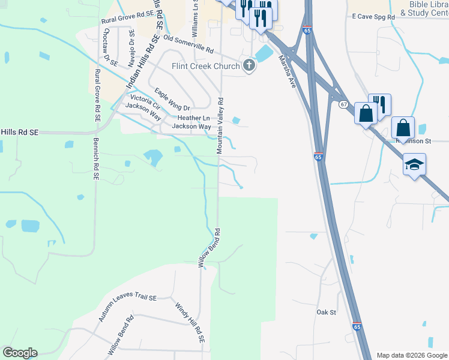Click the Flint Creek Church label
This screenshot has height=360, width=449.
click(205, 66)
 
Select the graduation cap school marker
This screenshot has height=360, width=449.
click(414, 165)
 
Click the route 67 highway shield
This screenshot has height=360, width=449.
click(343, 104)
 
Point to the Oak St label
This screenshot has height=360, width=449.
click(326, 312)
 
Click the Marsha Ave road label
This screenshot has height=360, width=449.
click(287, 72)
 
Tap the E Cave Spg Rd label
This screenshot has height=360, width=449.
click(373, 17)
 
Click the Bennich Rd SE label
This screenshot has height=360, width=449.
click(95, 159)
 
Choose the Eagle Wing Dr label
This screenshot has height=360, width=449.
click(172, 100)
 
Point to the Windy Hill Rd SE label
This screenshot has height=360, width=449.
click(190, 322)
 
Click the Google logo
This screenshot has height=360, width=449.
click(20, 353)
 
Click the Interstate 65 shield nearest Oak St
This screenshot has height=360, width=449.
click(357, 327)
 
